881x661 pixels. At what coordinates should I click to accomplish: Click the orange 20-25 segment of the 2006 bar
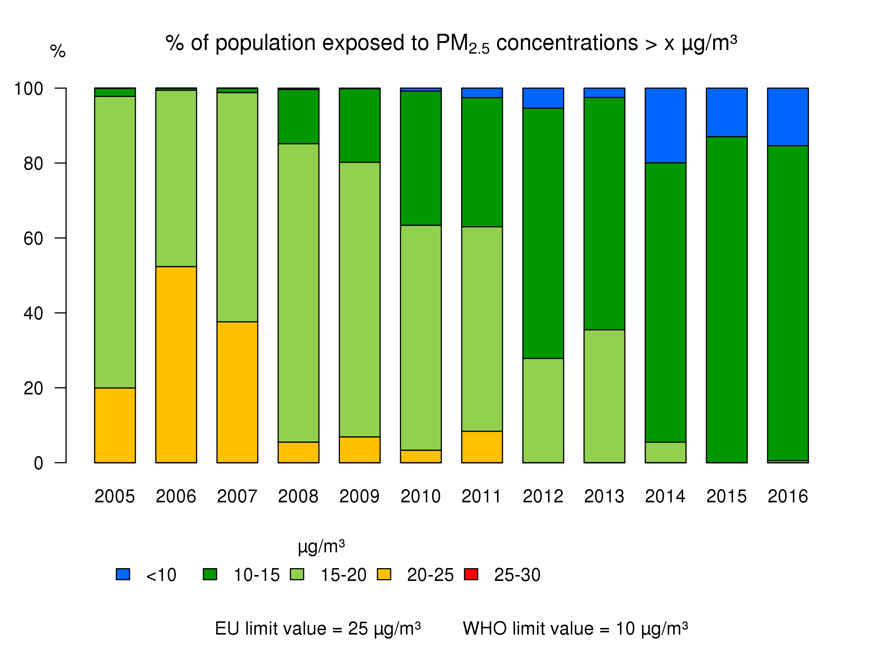pos(176,365)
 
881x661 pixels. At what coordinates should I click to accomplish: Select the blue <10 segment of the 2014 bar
pos(665,125)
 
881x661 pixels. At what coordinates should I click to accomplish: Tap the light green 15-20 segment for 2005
pos(115,242)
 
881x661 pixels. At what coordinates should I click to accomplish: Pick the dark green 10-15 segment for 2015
pos(726,299)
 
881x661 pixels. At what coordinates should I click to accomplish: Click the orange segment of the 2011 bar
pos(482,447)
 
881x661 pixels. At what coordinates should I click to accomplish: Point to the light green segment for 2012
pos(543,411)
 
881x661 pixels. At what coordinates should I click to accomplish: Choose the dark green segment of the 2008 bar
pos(298,116)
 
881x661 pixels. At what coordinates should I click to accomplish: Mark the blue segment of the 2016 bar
pos(787,117)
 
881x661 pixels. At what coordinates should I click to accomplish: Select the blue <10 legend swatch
pos(123,574)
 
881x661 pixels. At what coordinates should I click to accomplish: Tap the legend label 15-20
pos(343,575)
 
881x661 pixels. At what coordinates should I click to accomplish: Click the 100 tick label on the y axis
pos(29,89)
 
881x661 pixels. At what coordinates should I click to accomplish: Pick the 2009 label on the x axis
pos(359,496)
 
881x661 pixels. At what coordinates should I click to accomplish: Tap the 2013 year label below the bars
pos(604,496)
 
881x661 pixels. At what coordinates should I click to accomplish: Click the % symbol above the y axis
pos(58,51)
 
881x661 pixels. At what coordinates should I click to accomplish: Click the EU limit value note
pos(318,628)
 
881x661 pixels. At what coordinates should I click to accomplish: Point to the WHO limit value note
pos(575,628)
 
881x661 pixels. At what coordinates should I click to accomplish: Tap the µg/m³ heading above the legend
pos(321,547)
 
